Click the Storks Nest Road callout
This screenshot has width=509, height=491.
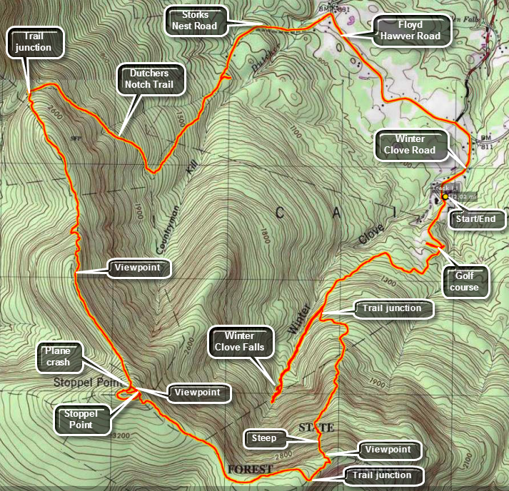pos(194,20)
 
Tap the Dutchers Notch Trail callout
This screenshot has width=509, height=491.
pos(151,78)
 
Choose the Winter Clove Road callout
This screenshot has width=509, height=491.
pos(413,144)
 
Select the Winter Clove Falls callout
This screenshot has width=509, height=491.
pos(244,341)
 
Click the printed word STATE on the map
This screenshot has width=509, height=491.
pos(316,427)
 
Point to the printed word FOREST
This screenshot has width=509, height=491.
pos(250,469)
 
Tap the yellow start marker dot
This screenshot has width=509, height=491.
pos(445,196)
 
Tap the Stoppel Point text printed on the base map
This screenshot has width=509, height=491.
pos(79,382)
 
